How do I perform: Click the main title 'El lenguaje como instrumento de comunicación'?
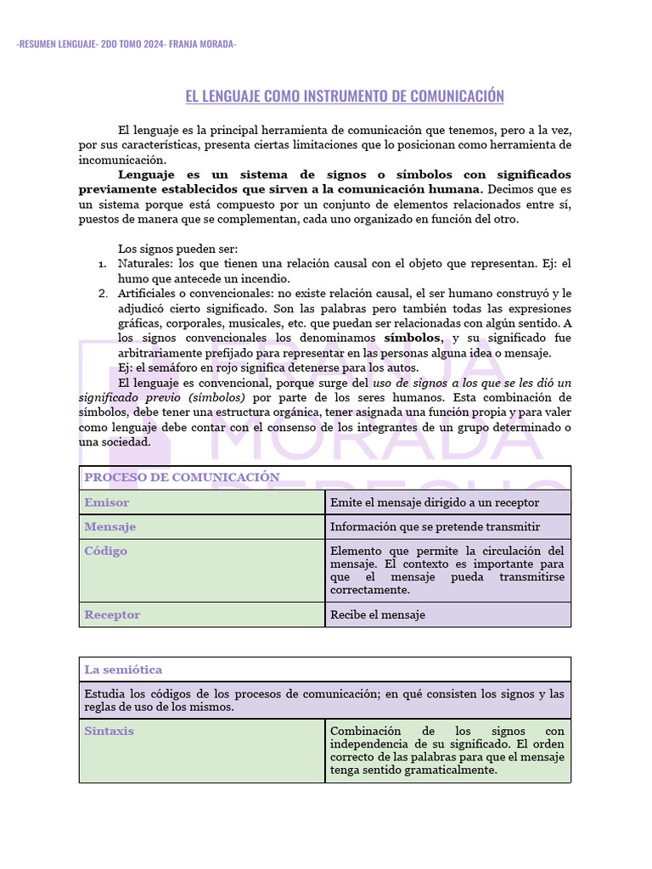(x=345, y=96)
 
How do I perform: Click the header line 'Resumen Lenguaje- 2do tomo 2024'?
(x=126, y=44)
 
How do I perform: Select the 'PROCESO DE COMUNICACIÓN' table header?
(x=182, y=477)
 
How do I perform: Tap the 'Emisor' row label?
(x=107, y=502)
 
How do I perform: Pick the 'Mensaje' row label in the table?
(x=110, y=527)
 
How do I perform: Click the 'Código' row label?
(x=106, y=551)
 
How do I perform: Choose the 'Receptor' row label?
(x=112, y=614)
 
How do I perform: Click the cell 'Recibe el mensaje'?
(x=378, y=614)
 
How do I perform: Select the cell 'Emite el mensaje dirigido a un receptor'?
(x=435, y=502)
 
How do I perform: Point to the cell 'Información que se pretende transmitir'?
(x=435, y=527)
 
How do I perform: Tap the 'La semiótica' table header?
(x=123, y=670)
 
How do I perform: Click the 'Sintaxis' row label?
(x=109, y=731)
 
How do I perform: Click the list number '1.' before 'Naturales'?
(x=102, y=264)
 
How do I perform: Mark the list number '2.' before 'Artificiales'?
(x=102, y=294)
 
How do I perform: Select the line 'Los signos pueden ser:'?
(x=178, y=249)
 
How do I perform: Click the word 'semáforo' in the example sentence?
(x=181, y=367)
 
